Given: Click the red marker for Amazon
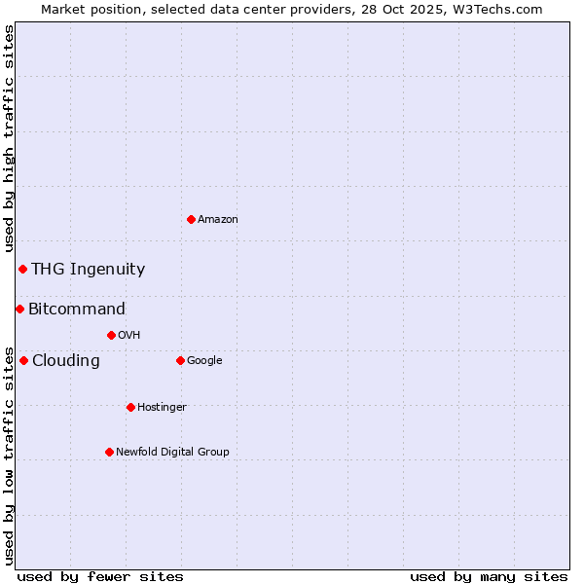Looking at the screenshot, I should click(x=191, y=219).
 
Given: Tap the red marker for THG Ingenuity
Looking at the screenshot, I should click(x=22, y=269).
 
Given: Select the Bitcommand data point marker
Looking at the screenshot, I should click(x=19, y=309).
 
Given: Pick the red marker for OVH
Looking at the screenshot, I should click(x=111, y=335).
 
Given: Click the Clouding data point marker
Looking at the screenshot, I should click(x=23, y=360).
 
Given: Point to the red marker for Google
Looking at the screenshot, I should click(x=180, y=360).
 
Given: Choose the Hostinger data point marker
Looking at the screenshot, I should click(x=130, y=407).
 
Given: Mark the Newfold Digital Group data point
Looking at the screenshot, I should click(x=109, y=452).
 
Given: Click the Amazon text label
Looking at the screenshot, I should click(x=218, y=220).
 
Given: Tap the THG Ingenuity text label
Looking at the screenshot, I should click(x=88, y=270).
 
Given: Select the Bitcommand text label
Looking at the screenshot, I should click(x=77, y=310).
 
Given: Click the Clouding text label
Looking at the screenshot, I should click(x=66, y=361).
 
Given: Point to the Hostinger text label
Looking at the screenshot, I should click(x=162, y=407).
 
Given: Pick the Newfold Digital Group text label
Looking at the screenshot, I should click(x=172, y=452).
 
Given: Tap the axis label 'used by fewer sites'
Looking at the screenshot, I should click(x=100, y=576).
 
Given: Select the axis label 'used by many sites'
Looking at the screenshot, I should click(x=489, y=576).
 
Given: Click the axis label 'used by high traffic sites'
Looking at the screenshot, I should click(x=9, y=138).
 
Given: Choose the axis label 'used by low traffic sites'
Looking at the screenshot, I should click(x=9, y=455).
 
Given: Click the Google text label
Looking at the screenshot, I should click(x=204, y=361).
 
